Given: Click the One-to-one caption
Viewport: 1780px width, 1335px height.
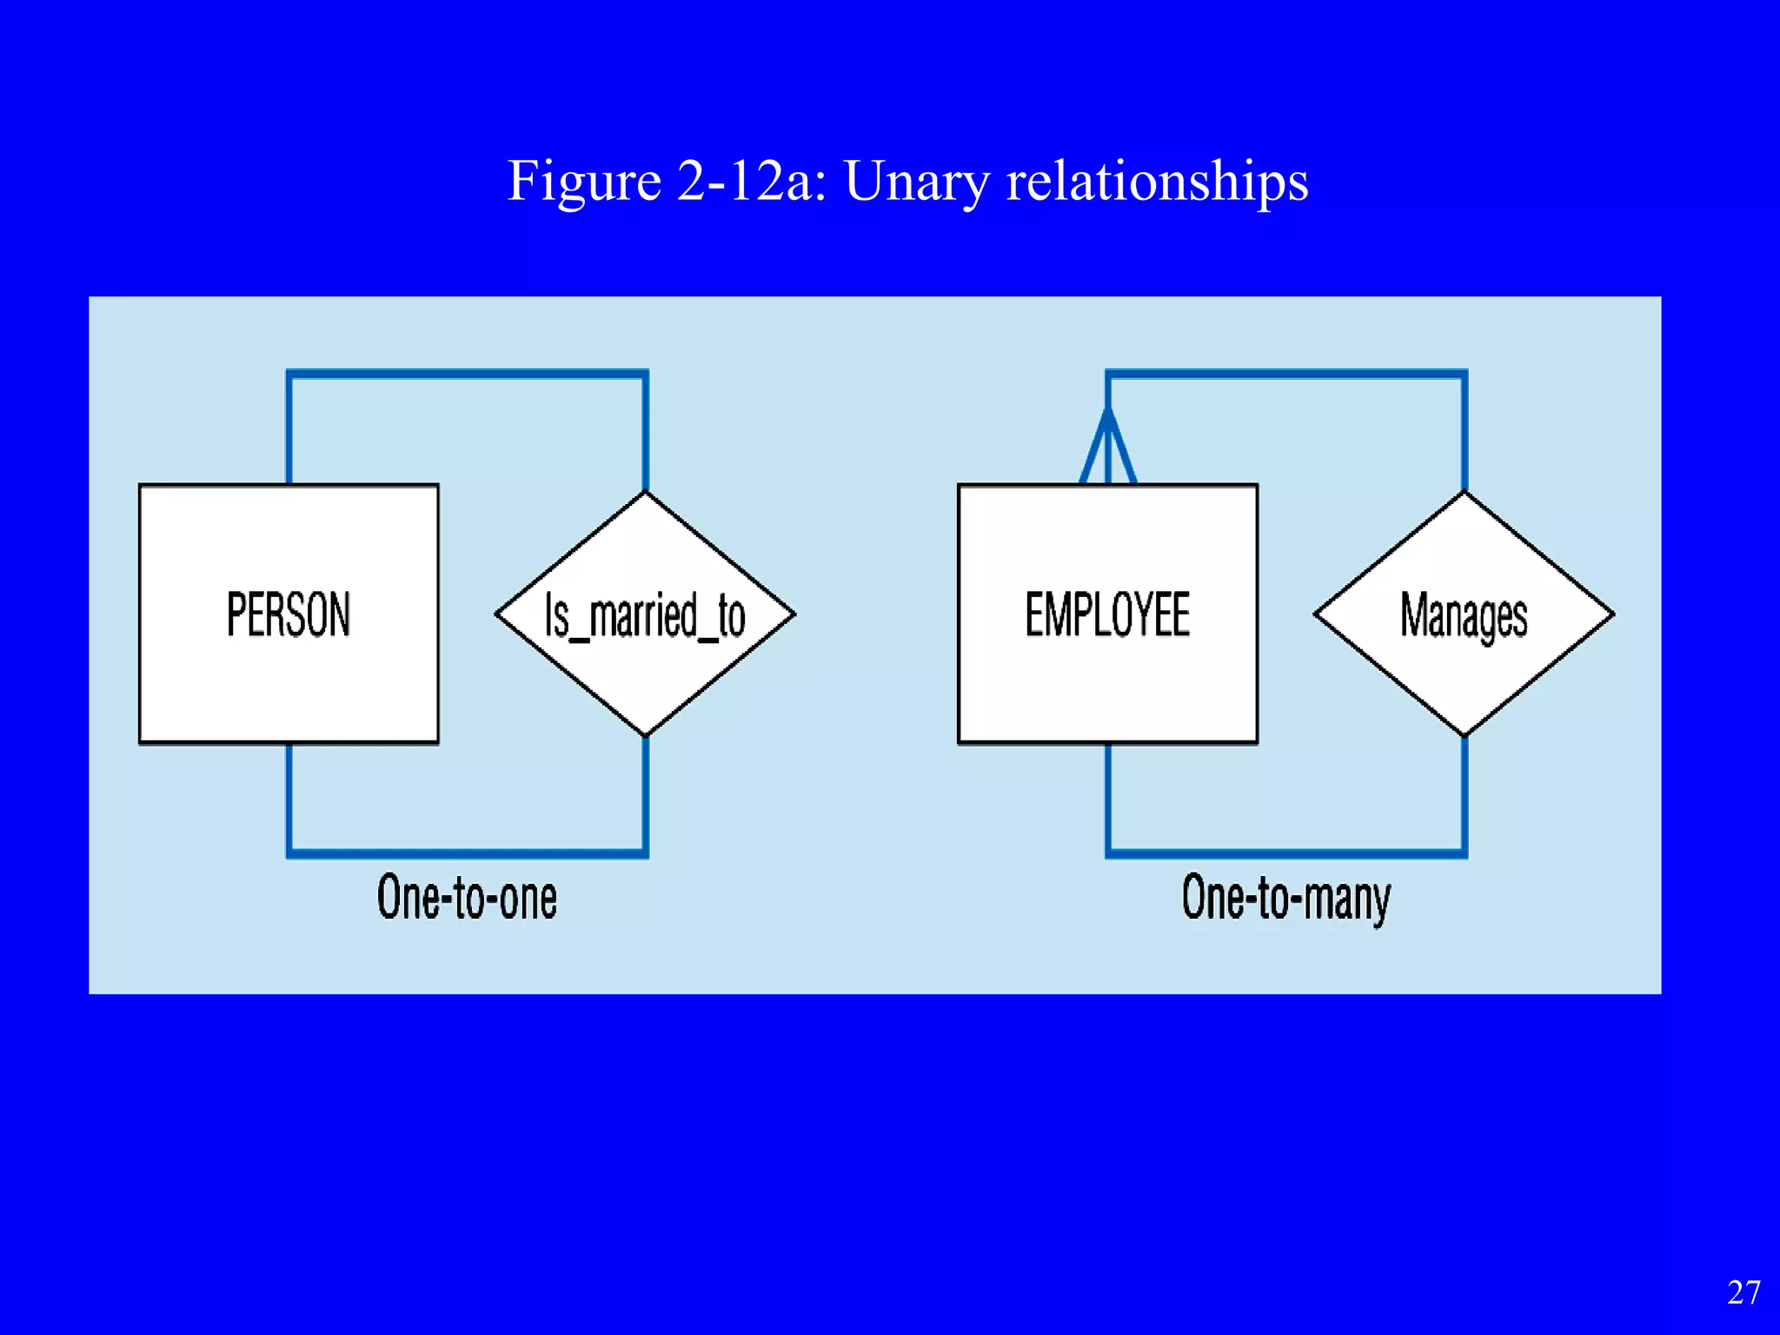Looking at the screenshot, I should (x=467, y=898).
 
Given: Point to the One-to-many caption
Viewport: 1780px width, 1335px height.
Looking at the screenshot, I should (x=1285, y=900).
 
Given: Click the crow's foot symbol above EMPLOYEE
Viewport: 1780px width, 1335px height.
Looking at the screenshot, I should (x=1107, y=448).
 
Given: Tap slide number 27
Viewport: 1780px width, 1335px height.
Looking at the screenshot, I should (x=1743, y=1292).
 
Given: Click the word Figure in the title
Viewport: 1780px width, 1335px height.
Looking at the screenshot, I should (x=584, y=183).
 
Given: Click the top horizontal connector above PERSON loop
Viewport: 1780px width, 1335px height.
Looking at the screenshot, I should (x=467, y=375).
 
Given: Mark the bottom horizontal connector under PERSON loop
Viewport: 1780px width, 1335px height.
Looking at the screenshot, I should (x=467, y=853).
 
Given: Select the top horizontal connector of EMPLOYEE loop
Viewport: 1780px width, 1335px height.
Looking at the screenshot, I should (x=1286, y=375).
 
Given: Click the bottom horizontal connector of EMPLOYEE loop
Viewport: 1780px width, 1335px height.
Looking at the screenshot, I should (x=1286, y=853).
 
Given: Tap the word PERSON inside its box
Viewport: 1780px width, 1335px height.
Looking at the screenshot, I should (x=289, y=614).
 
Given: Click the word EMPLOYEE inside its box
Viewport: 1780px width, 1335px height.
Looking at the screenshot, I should (x=1107, y=614).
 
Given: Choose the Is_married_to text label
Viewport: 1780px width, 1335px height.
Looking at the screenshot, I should (x=645, y=615).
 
